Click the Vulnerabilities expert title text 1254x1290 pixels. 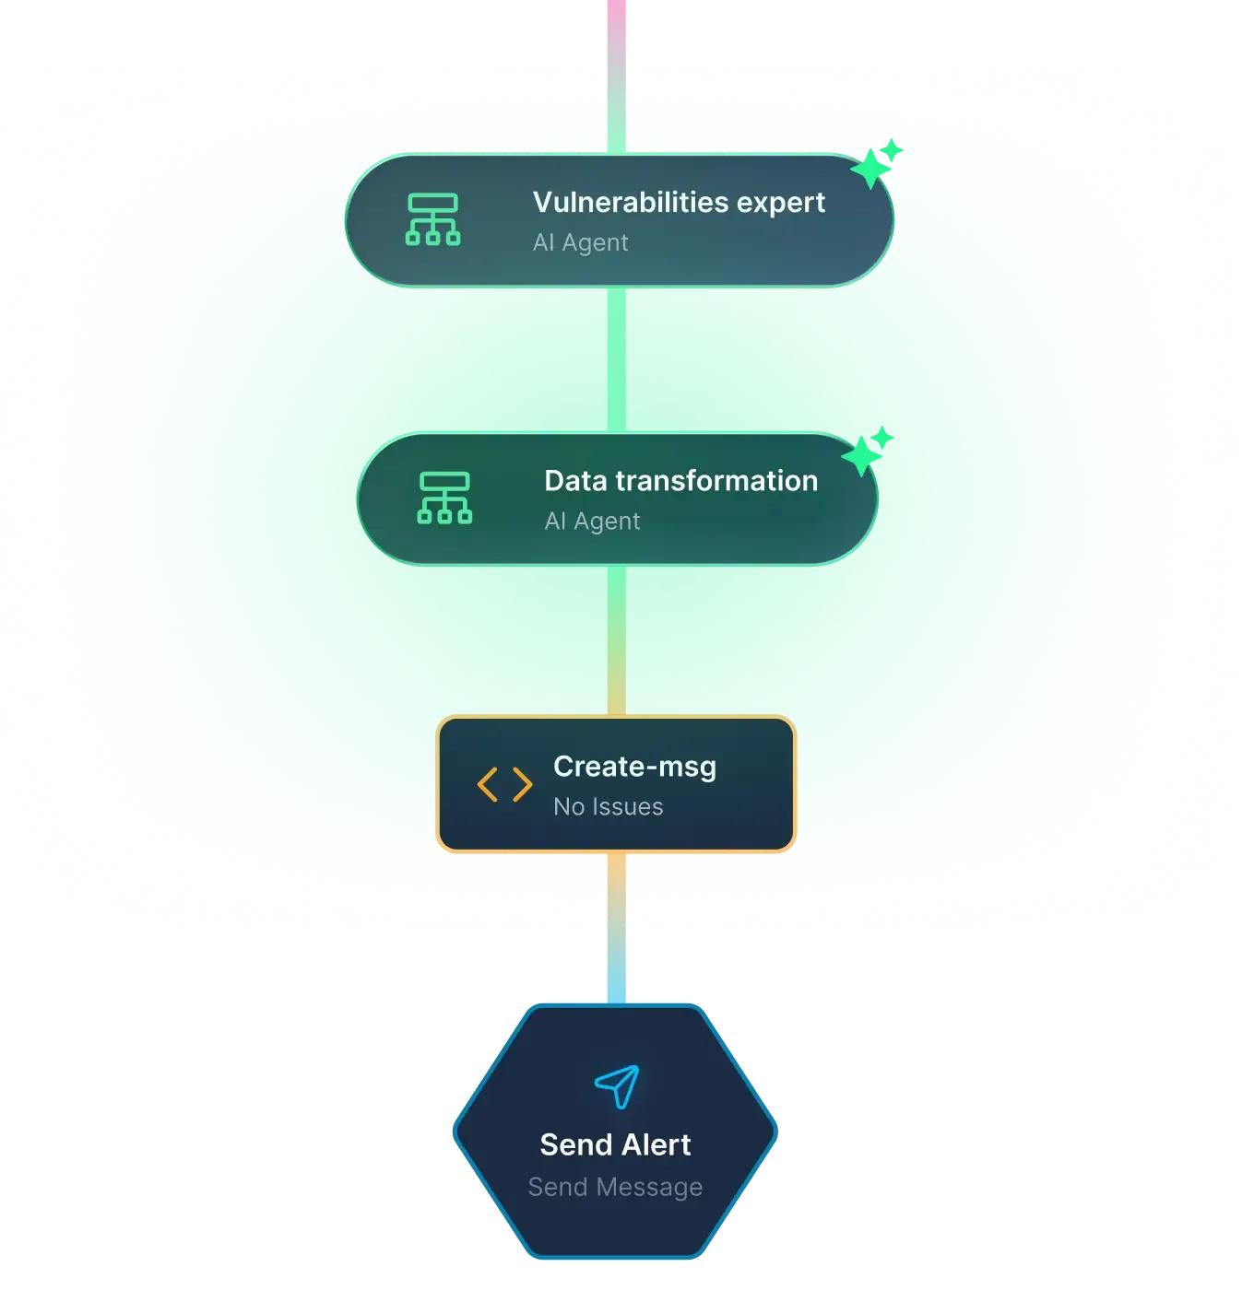[678, 202]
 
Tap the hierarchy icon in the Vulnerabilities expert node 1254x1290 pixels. [432, 218]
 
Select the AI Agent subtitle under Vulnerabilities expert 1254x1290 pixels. [580, 242]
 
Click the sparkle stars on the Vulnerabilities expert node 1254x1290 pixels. [875, 163]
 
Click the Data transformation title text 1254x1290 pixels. [680, 481]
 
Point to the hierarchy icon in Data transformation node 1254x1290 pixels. [444, 498]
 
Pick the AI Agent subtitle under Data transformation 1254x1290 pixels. [592, 521]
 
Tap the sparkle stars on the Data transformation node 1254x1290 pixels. [866, 451]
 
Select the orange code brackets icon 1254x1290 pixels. [503, 784]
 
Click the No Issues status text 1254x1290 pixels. [608, 806]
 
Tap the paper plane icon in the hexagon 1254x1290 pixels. [616, 1086]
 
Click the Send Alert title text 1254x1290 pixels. [615, 1144]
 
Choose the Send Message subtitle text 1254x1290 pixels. [615, 1187]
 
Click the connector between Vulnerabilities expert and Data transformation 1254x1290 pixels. [616, 360]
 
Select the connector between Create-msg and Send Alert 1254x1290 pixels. [616, 928]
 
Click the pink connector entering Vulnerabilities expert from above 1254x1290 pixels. [616, 76]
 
